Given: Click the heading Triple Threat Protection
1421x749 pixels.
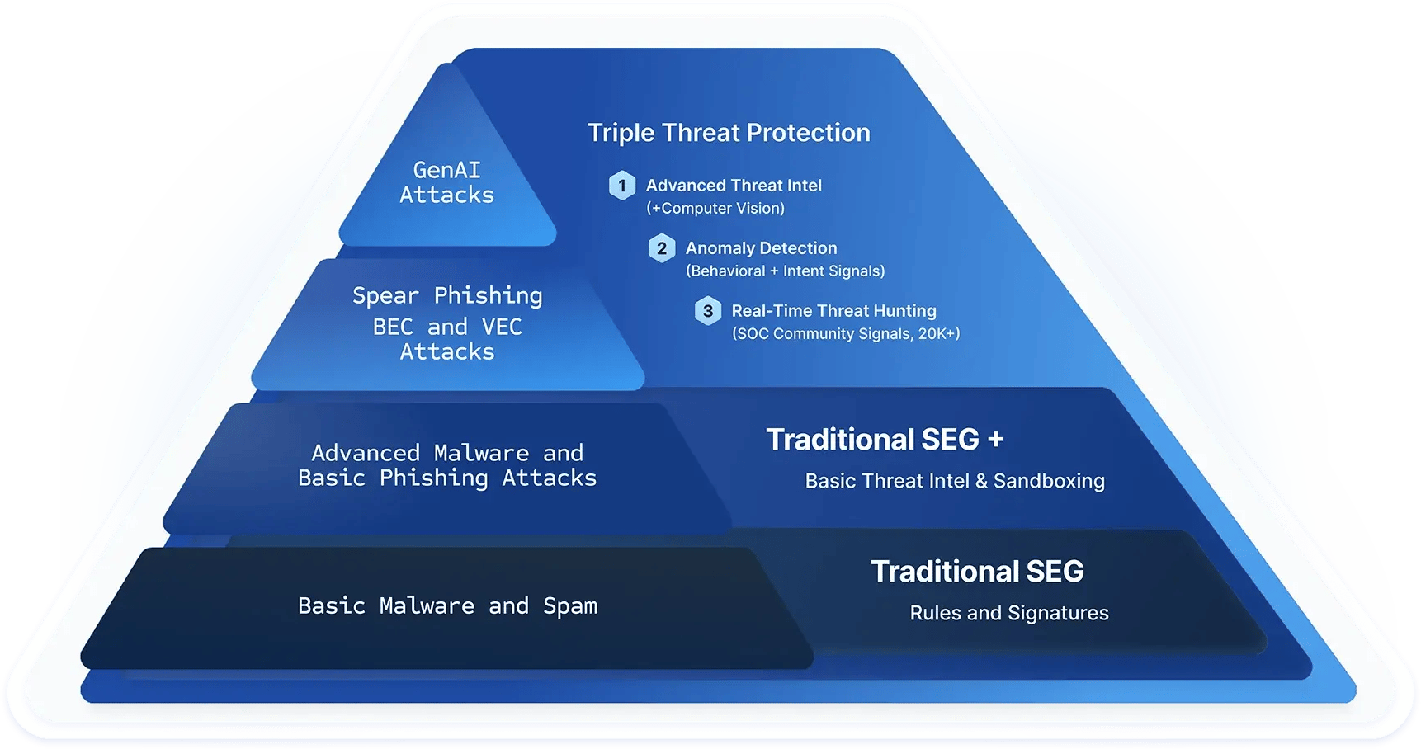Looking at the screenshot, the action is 729,133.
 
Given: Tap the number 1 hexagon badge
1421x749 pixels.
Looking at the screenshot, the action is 622,186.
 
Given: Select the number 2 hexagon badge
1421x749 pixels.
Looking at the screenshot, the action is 662,248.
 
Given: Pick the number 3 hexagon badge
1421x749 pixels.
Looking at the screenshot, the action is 708,311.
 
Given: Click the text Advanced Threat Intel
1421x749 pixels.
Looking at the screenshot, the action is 734,186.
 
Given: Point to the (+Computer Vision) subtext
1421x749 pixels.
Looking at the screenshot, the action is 715,209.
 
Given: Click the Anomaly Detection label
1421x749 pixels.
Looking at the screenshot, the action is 761,248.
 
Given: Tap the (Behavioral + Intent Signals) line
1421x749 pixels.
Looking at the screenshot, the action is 786,271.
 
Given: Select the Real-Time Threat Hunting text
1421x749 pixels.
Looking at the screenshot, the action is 833,311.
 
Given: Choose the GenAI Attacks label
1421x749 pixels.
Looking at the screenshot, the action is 447,182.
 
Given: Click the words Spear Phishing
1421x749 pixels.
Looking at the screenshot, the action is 447,295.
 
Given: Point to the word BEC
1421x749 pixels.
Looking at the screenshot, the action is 393,327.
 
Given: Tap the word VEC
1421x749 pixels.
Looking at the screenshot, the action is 502,327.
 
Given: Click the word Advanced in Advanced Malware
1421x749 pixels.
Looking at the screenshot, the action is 366,453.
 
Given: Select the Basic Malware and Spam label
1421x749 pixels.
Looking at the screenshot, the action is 447,606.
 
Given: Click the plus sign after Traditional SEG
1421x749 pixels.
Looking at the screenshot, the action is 996,440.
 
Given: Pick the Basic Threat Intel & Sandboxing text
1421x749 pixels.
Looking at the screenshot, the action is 955,481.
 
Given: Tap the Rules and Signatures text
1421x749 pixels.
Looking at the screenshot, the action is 1009,613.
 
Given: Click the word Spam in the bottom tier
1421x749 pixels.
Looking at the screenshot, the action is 570,606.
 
